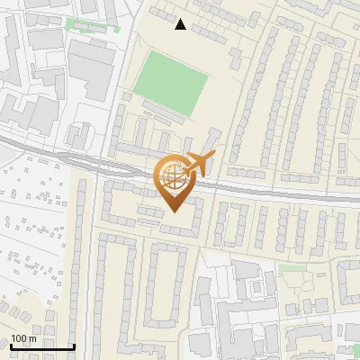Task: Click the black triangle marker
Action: coord(181,24)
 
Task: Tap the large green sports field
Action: coord(171,81)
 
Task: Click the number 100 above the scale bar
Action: coord(20,338)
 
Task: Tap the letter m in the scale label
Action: coord(32,338)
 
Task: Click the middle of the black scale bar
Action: coord(42,346)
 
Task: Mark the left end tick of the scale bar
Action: coord(12,345)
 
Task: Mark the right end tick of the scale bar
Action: coord(73,345)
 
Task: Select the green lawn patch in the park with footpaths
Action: coord(290,268)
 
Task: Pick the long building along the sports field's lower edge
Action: coord(167,112)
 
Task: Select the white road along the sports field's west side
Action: coord(129,72)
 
